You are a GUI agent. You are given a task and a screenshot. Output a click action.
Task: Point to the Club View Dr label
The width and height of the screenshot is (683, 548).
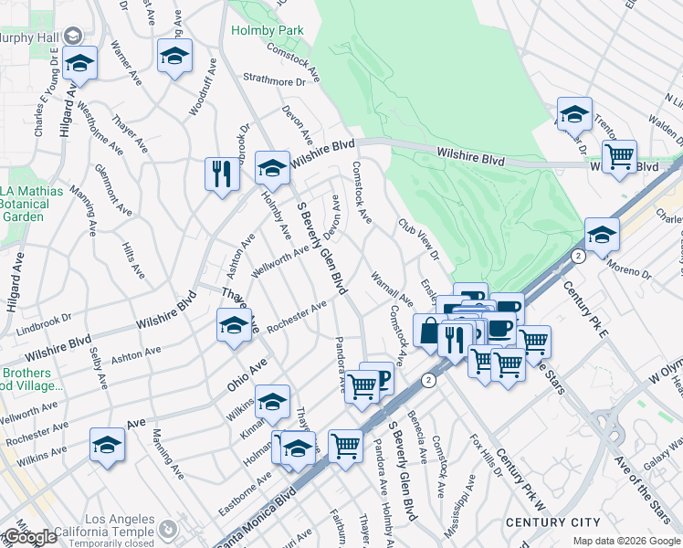pyautogui.click(x=418, y=238)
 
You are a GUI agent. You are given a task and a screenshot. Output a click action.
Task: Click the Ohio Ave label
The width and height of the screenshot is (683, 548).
pyautogui.click(x=247, y=374)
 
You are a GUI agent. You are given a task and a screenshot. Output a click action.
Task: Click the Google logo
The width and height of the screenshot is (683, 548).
pyautogui.click(x=29, y=537)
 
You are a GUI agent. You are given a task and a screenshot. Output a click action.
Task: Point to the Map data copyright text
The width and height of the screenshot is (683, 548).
pyautogui.click(x=627, y=541)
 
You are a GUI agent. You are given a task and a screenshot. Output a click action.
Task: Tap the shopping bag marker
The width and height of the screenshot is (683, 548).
pyautogui.click(x=429, y=330)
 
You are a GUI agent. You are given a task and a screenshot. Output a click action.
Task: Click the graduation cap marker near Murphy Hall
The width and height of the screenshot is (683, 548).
pyautogui.click(x=80, y=64)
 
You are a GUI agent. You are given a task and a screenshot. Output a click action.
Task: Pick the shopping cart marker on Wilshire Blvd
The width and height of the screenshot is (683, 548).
pyautogui.click(x=619, y=156)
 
